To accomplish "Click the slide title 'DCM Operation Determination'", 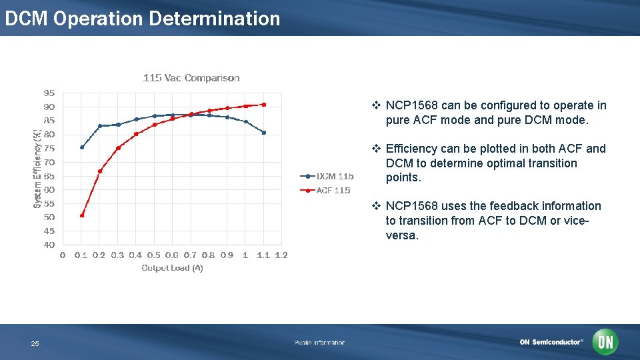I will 142,19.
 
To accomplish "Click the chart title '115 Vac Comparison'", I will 191,78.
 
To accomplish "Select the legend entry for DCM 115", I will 327,177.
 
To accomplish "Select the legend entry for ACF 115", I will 326,191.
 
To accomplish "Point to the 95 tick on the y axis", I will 49,93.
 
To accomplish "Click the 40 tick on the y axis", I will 49,245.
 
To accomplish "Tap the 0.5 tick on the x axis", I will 153,255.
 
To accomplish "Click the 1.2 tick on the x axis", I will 281,255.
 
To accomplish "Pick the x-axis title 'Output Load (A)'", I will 172,268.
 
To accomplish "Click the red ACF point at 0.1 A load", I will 82,215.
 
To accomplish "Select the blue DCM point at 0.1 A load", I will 82,147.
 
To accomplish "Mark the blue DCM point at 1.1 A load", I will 264,133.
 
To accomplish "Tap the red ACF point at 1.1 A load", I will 264,105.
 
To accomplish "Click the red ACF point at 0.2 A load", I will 100,171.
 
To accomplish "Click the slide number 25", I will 35,344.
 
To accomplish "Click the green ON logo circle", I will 605,342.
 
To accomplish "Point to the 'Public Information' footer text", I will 319,343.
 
